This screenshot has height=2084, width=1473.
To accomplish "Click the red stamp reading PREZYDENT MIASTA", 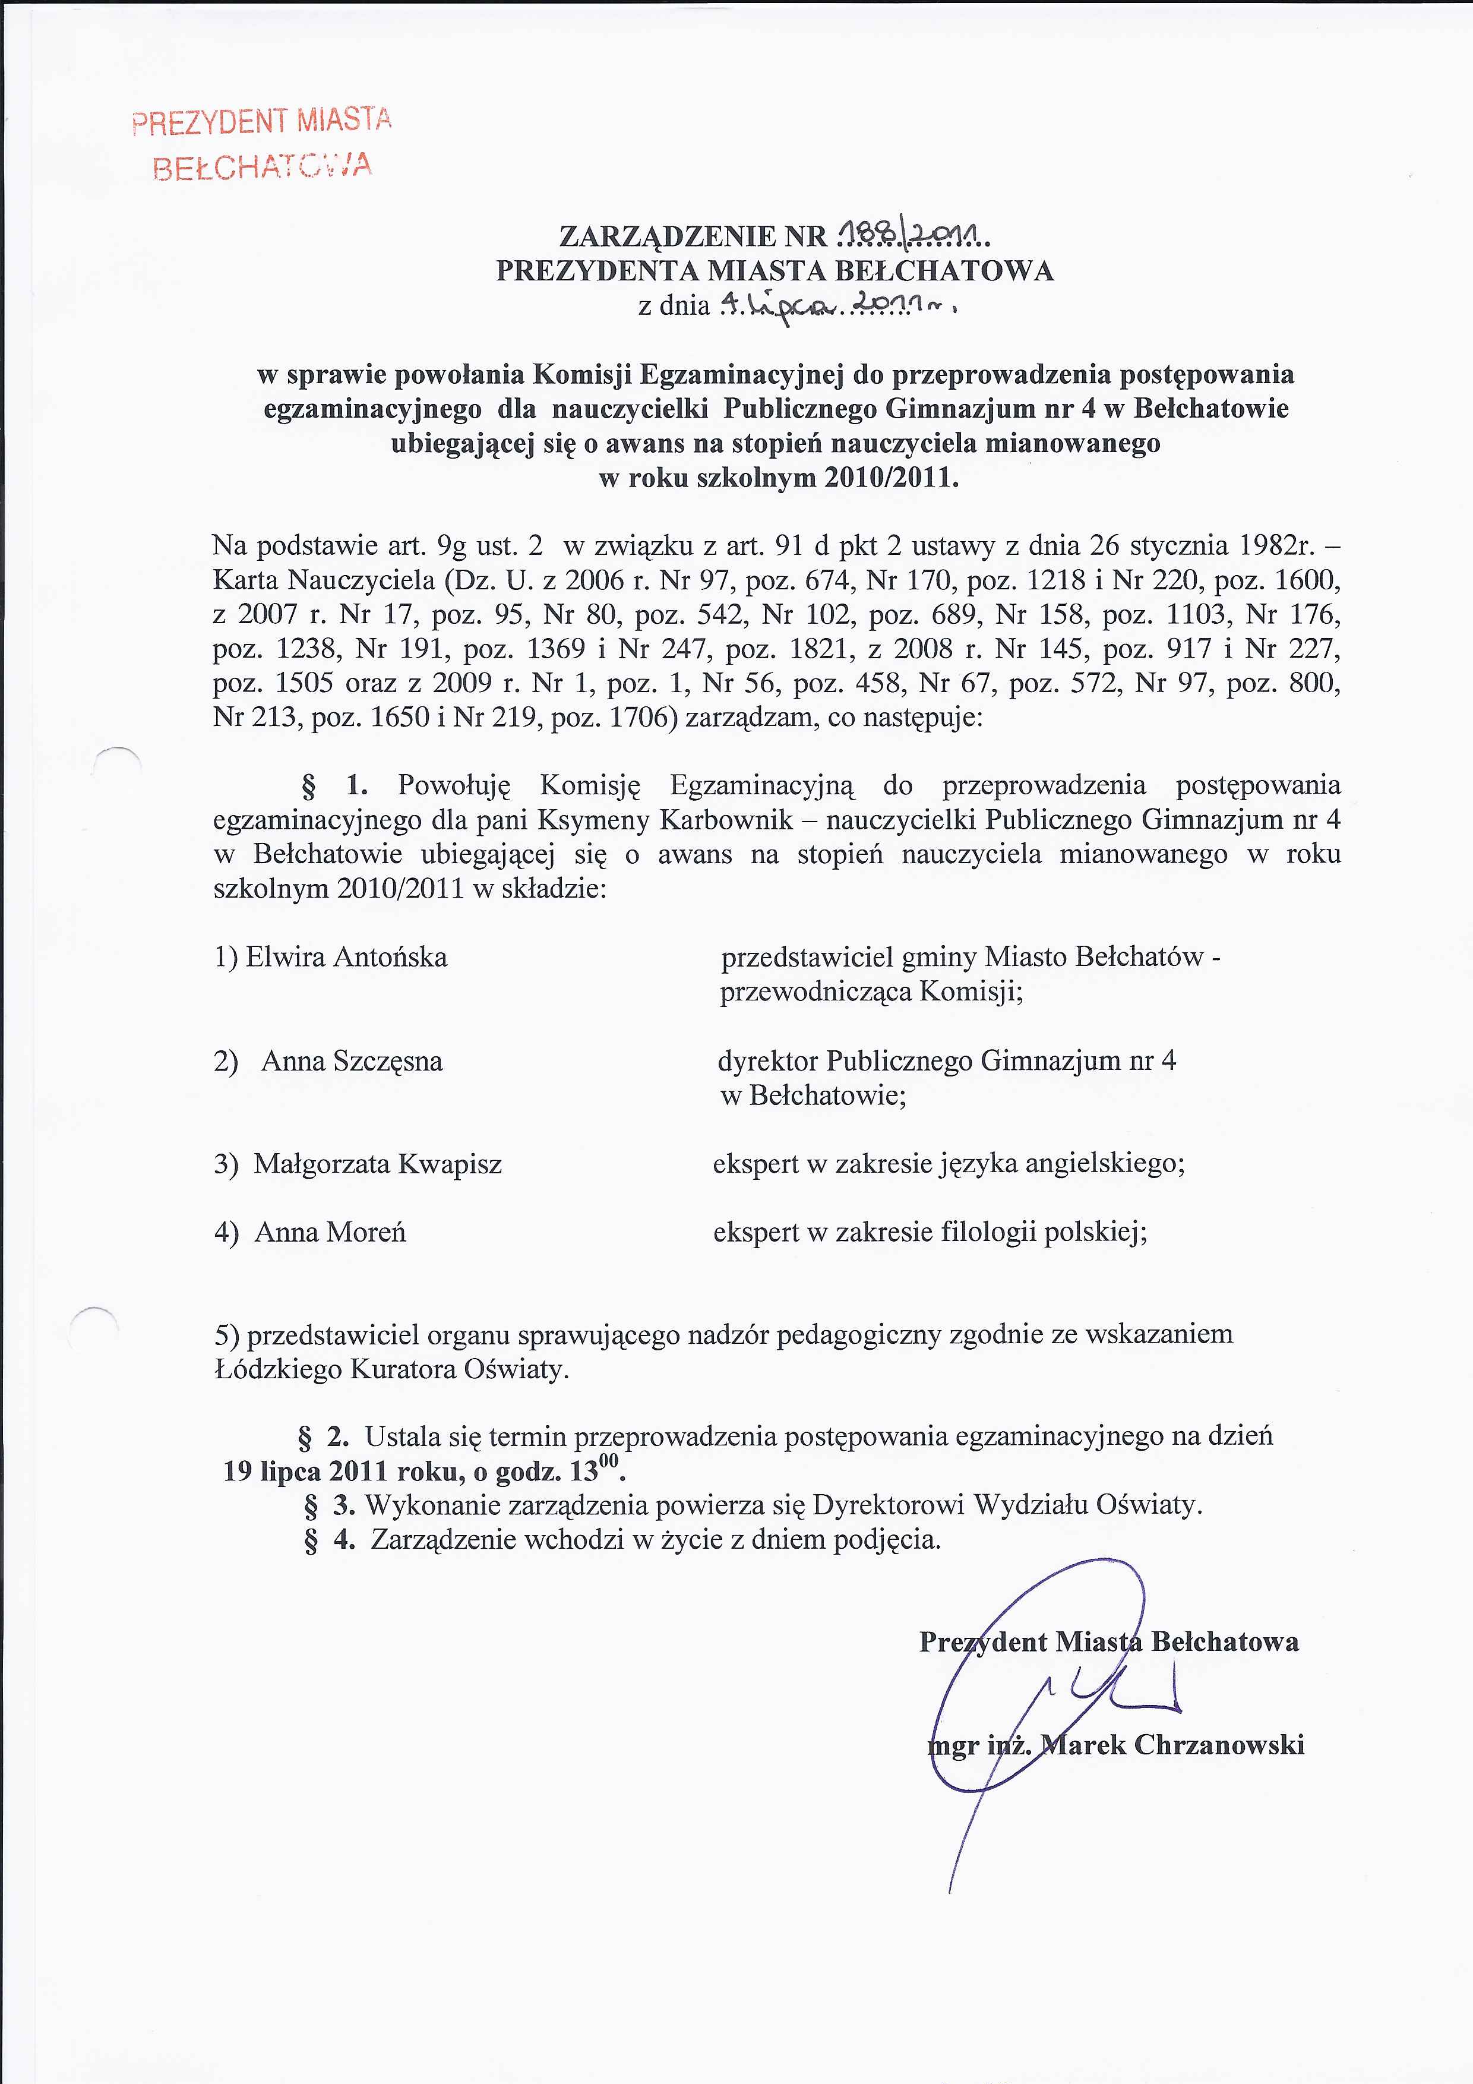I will click(261, 122).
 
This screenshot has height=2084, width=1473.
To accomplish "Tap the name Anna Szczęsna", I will click(352, 1061).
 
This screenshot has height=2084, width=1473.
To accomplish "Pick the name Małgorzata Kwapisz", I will click(378, 1164).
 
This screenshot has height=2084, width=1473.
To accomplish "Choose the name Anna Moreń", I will click(330, 1233).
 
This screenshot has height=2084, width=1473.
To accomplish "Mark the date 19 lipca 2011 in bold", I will click(336, 1472).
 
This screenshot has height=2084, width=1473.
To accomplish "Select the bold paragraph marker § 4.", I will click(330, 1540).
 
